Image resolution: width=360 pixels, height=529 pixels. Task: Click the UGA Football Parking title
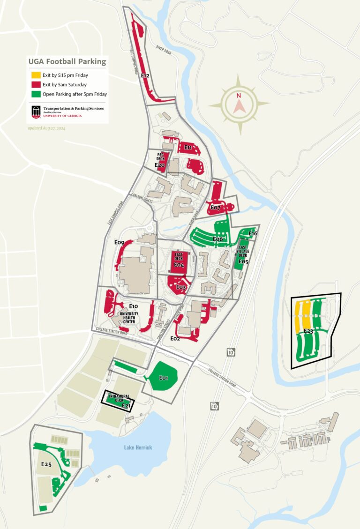pos(67,62)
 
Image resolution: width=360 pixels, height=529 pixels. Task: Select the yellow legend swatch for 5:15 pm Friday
pos(36,75)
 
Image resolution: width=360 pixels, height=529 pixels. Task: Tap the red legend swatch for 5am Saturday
pos(36,85)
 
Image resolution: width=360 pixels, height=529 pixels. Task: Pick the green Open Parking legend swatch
pos(36,94)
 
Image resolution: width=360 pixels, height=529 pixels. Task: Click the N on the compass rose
pos(239,96)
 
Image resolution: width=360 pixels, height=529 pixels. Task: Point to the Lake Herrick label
pos(138,447)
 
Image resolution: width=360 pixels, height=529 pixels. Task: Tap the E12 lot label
pos(145,75)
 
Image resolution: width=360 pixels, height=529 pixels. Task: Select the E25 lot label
pos(46,464)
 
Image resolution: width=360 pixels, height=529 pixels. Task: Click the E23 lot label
pos(308,331)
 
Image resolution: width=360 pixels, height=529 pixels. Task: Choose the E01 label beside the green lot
pos(164,378)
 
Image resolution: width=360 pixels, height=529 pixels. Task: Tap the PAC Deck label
pos(160,156)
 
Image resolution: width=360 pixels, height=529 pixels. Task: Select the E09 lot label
pos(119,243)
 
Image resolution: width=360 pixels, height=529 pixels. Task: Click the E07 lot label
pos(215,207)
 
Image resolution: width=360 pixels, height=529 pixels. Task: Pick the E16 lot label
pos(253,233)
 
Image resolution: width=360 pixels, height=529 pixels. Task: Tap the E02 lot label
pos(175,338)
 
